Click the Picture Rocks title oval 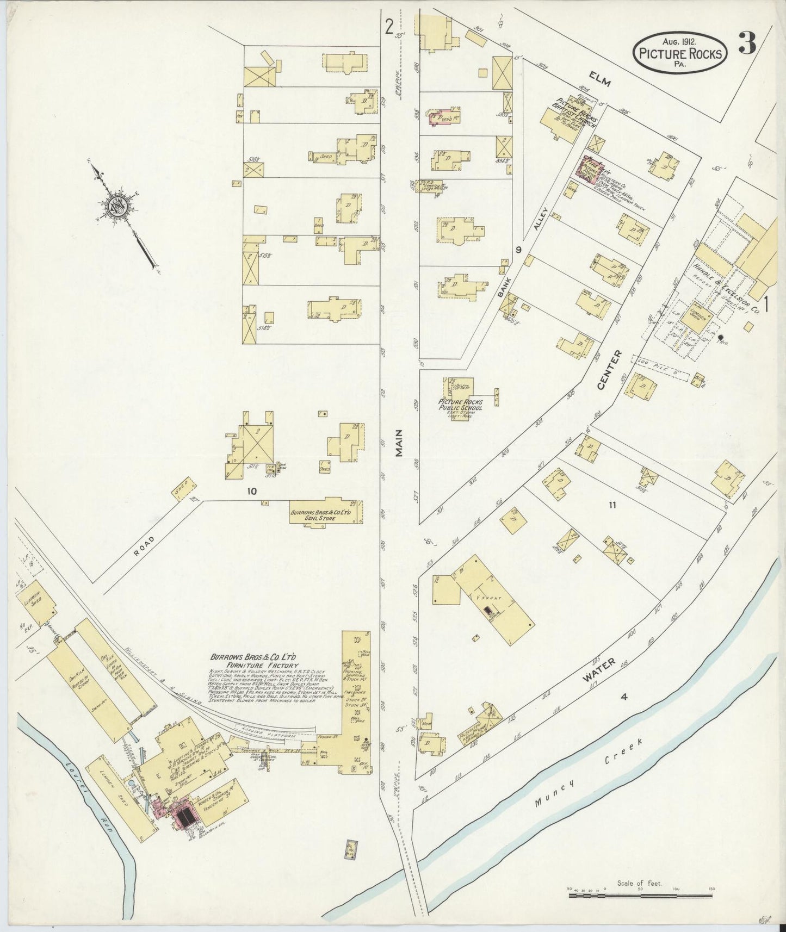coord(680,53)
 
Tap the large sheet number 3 coord(747,44)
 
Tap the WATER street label coord(599,670)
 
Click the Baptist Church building coord(560,122)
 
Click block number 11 coord(612,505)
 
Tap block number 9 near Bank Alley coord(518,250)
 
